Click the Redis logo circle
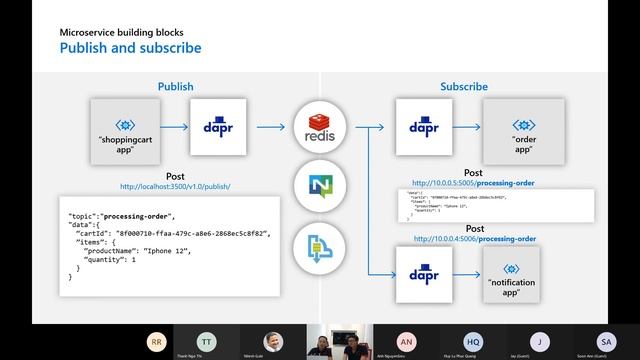(x=320, y=127)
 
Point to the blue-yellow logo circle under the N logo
(x=320, y=243)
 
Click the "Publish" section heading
(x=176, y=87)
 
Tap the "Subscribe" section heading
(x=464, y=87)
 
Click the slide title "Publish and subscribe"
(x=130, y=47)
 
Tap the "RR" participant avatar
(x=157, y=340)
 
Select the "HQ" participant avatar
(x=473, y=340)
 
